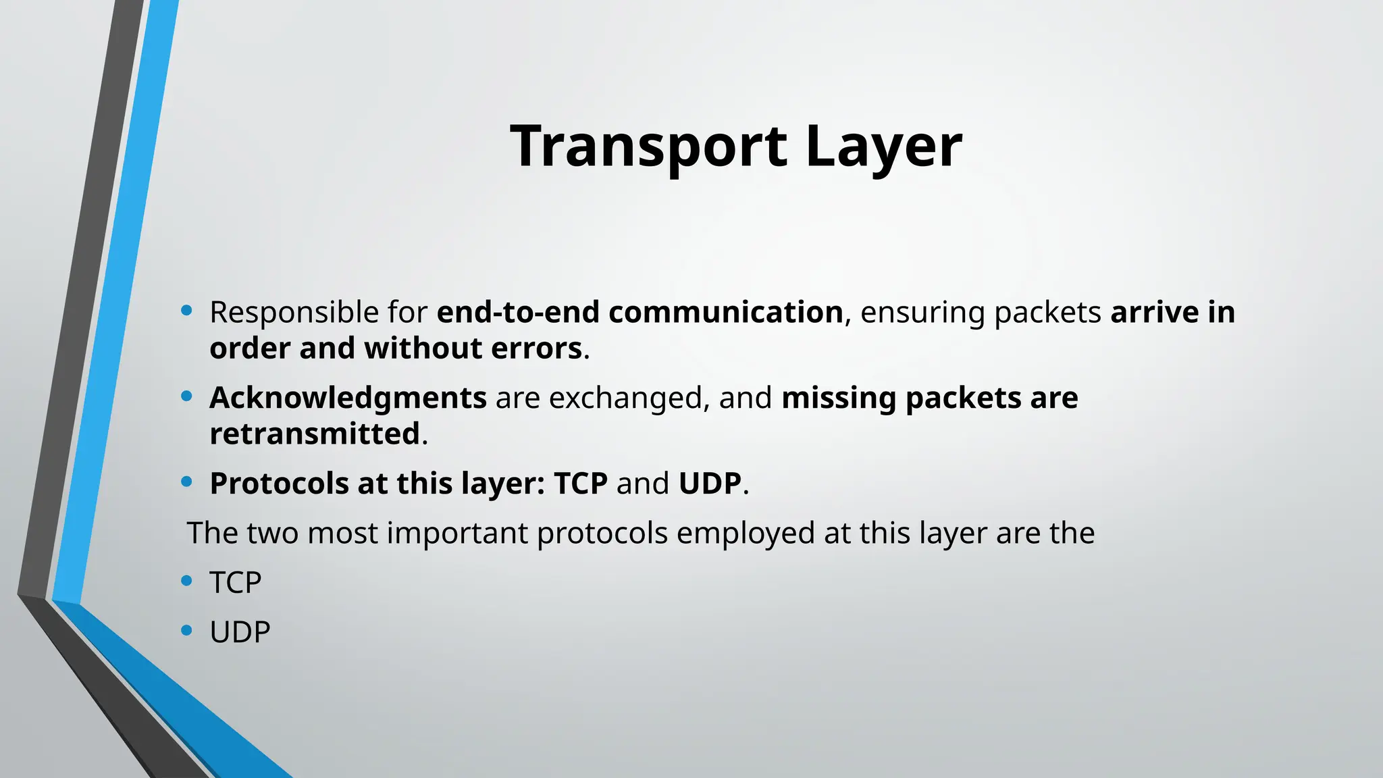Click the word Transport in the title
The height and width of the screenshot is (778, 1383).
tap(648, 147)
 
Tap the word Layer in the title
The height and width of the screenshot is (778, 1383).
tap(883, 147)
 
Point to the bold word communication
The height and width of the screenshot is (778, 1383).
tap(726, 313)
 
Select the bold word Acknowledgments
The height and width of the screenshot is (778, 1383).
tap(348, 398)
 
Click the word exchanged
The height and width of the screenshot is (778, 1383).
tap(625, 398)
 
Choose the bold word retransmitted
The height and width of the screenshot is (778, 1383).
tap(315, 434)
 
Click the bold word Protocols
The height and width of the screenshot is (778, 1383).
tap(279, 484)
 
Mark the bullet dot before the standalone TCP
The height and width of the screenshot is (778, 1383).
tap(187, 580)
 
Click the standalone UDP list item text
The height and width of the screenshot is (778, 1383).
tap(240, 632)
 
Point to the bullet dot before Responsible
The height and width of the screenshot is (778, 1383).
tap(187, 311)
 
